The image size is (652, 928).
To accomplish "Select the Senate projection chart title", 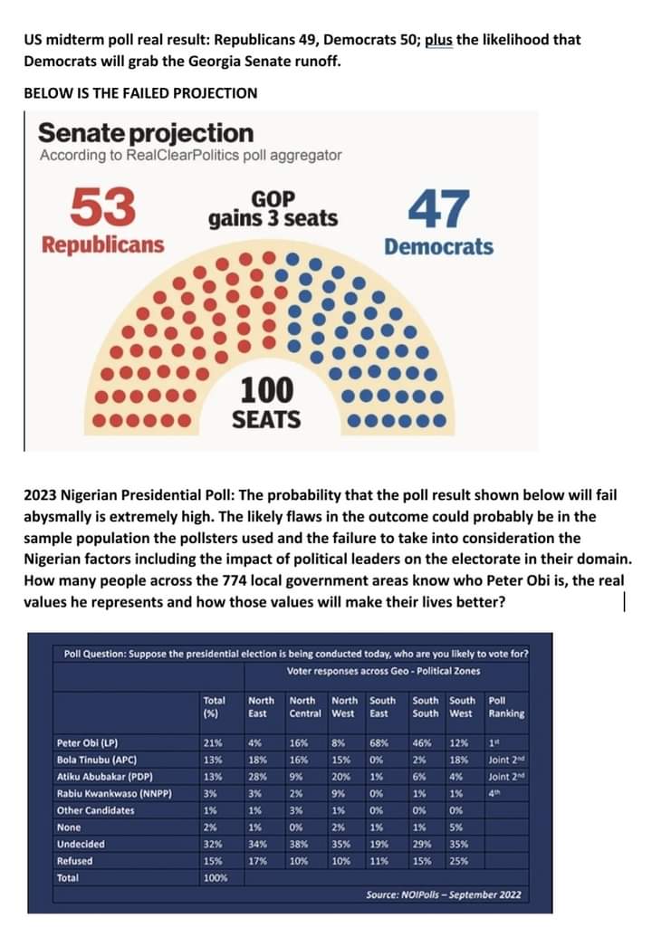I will pos(145,133).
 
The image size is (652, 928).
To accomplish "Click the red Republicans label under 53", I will pos(103,245).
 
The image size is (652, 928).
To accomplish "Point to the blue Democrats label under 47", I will pos(438,246).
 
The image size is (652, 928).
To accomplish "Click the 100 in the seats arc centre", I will pos(266,390).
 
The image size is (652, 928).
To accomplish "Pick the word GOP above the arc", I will pos(273,198).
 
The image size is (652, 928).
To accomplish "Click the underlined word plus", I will pos(438,41).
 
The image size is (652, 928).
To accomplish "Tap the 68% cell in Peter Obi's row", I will pos(379,744).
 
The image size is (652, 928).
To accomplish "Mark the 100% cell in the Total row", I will pos(216,877).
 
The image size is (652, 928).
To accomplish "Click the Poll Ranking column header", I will pos(505,706).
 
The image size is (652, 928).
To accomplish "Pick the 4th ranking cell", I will pos(493,794).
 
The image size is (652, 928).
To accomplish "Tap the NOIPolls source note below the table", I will pos(444,895).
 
